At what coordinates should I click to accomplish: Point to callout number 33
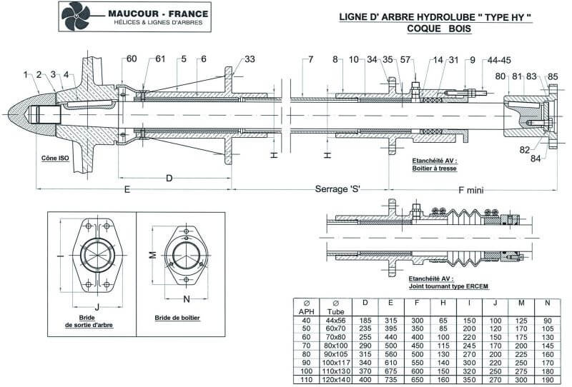(249, 59)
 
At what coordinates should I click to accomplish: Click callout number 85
(552, 76)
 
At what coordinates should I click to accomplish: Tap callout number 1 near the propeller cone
(25, 74)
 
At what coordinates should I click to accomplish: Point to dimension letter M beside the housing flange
(152, 255)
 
